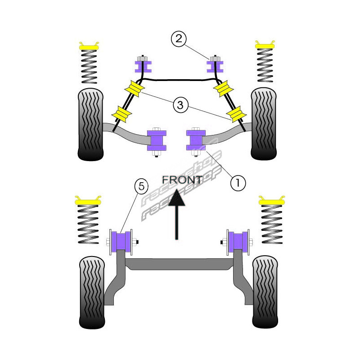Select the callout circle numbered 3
180,105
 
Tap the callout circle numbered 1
238,183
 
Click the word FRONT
182,180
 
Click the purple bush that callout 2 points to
215,66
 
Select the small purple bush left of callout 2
143,66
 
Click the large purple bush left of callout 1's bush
157,140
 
